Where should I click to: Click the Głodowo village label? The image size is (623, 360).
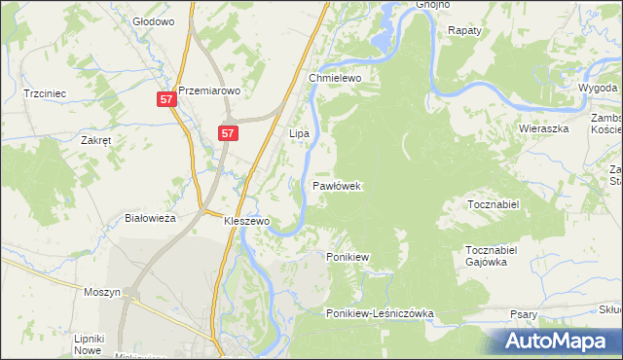click(x=152, y=20)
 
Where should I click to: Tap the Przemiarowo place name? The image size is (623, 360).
click(x=208, y=85)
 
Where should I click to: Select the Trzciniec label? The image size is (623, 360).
click(x=45, y=93)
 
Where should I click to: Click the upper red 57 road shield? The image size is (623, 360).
click(x=166, y=100)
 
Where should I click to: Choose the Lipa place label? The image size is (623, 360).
click(x=299, y=131)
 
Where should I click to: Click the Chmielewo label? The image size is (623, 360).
click(x=335, y=78)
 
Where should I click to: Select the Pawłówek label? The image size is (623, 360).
click(x=338, y=185)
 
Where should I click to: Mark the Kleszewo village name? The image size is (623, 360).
click(x=246, y=221)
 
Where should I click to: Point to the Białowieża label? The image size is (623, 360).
click(x=150, y=219)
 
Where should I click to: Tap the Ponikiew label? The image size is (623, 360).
click(x=347, y=257)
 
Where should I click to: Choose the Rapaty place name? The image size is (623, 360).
click(x=465, y=31)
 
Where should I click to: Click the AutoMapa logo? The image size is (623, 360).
click(x=558, y=342)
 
